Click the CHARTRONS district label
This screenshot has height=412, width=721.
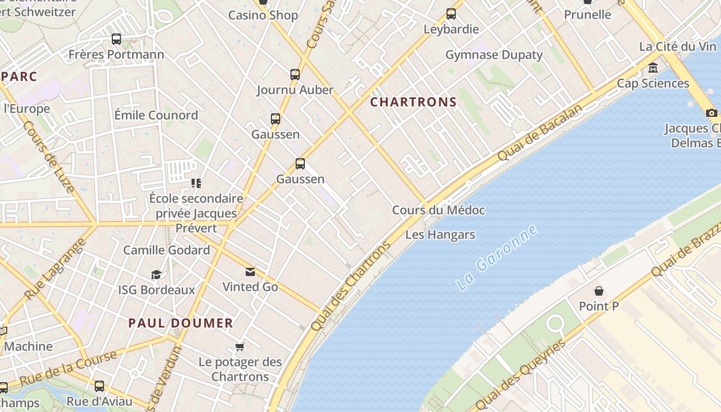point(414,102)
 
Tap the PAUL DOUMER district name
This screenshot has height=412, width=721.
point(180,323)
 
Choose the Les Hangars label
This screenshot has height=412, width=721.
point(440,235)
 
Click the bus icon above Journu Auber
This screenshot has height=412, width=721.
point(295,75)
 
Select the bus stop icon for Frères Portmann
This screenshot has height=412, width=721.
point(116,39)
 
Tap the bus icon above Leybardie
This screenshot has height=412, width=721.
point(451,14)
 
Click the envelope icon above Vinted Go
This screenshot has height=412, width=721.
point(250,271)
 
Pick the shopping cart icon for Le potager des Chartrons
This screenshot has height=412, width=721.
point(239,347)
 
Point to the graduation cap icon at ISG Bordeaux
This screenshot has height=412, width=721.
point(156,274)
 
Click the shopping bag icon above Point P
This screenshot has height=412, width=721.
point(598,291)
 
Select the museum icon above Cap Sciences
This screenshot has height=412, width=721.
point(653,68)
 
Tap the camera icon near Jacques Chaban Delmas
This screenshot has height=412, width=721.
point(712,113)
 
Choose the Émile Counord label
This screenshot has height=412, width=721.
point(156,115)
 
